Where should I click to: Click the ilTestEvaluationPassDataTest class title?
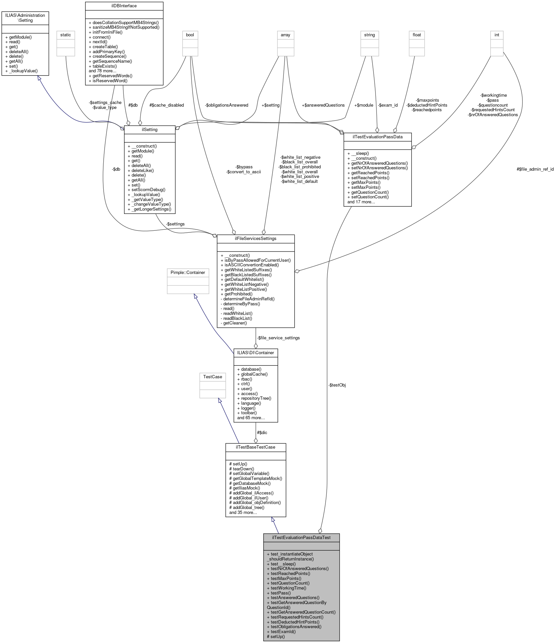coord(301,537)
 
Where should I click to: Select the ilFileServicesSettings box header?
coord(255,238)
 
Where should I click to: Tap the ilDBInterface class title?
coord(124,6)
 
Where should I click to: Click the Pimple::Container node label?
coord(188,272)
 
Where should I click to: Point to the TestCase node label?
coord(213,377)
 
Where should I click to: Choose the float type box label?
coord(417,35)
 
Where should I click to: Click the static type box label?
coord(65,35)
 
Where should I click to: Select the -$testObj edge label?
coord(337,385)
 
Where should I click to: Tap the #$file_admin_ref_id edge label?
coord(535,169)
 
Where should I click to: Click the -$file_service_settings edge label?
coord(278,338)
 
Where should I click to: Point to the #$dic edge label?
coord(262,432)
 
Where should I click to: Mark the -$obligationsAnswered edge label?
coord(226,105)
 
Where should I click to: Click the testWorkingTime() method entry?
coord(288,588)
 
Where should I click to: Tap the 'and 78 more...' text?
coord(102,71)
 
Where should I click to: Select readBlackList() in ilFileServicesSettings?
coord(238,318)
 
